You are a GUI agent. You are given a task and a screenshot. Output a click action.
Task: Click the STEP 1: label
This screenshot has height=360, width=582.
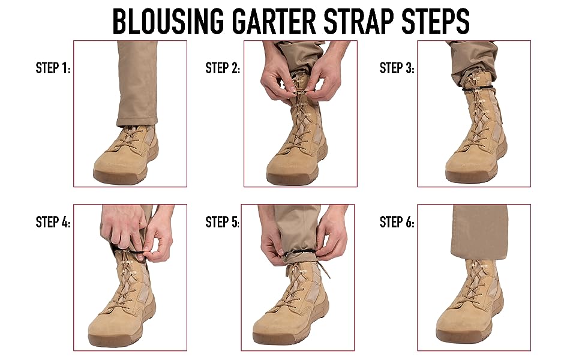(x=53, y=68)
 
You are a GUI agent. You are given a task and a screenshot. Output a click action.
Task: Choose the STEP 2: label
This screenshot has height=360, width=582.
(x=223, y=68)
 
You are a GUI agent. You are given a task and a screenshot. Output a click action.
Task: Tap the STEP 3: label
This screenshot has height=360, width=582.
(x=397, y=68)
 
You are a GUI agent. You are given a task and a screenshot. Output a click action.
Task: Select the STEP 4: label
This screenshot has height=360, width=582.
(x=53, y=223)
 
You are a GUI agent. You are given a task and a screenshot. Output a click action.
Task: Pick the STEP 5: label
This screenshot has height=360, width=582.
(x=223, y=223)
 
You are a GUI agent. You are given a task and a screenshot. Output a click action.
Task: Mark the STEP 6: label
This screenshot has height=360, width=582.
(x=397, y=223)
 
